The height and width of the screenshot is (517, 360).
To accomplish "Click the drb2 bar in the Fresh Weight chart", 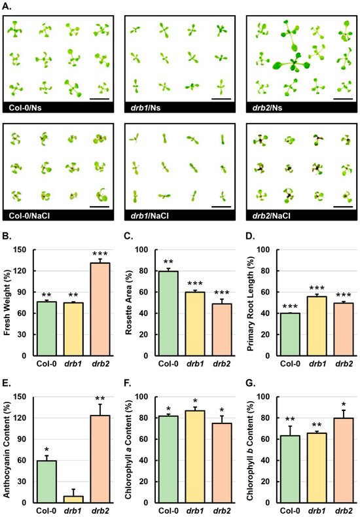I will point(96,302).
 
